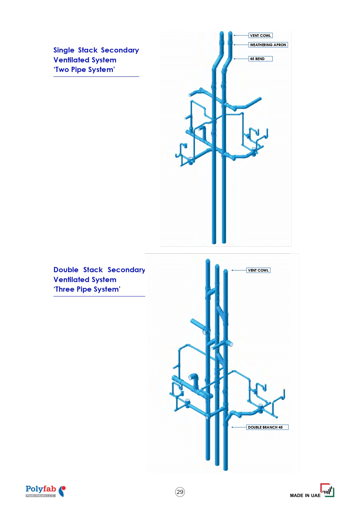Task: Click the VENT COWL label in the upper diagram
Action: point(260,35)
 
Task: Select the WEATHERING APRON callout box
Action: point(268,45)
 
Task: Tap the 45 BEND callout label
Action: point(260,59)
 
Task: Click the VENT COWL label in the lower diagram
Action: point(258,270)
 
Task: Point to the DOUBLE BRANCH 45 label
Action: point(267,427)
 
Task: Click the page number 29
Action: point(180,492)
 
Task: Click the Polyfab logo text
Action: point(41,489)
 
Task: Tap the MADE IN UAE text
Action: point(305,495)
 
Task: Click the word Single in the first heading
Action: point(64,50)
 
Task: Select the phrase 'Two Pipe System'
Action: point(84,70)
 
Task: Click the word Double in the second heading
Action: point(66,270)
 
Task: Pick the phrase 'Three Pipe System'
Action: point(87,289)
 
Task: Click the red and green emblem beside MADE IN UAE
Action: point(327,490)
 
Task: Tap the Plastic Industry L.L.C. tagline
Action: point(40,496)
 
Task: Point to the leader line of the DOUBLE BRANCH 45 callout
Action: point(239,427)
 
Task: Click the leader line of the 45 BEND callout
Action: point(241,59)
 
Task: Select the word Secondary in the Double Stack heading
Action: point(126,270)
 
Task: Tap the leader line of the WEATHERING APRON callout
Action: point(241,45)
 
